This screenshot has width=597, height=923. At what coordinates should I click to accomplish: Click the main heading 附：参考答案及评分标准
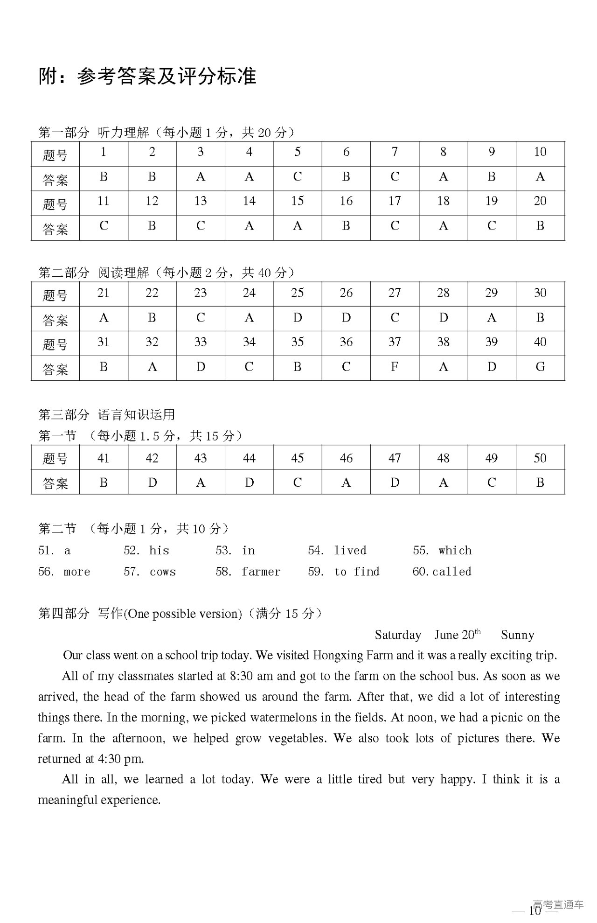(147, 77)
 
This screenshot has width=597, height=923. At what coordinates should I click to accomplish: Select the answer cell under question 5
(298, 177)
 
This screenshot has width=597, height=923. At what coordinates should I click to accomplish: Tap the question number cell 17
(395, 201)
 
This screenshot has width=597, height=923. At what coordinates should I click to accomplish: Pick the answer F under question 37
(395, 367)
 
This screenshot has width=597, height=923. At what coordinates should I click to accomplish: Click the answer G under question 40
(540, 367)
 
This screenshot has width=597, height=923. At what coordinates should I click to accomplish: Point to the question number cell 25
(298, 293)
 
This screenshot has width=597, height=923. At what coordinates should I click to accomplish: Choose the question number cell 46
(346, 458)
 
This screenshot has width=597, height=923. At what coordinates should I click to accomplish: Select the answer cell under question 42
(152, 482)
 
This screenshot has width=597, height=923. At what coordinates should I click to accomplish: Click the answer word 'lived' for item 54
(350, 551)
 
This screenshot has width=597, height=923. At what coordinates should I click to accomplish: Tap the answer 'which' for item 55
(455, 551)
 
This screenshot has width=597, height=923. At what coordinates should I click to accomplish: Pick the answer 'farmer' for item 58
(261, 572)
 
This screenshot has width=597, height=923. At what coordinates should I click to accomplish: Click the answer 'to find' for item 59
(357, 572)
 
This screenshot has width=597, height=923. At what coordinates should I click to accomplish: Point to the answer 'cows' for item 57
(163, 572)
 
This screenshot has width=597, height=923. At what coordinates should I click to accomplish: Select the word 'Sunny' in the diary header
(517, 635)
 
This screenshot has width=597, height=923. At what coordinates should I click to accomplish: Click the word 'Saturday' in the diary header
(398, 635)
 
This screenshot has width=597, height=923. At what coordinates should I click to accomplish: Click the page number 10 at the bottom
(535, 910)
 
